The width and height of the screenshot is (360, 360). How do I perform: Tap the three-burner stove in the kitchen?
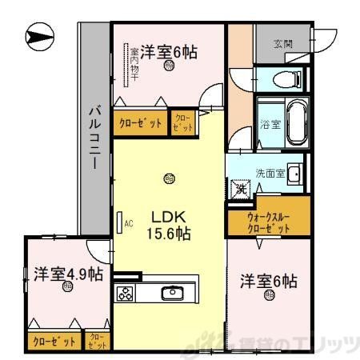click(126, 293)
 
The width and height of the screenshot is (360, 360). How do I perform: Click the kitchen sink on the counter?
click(174, 293)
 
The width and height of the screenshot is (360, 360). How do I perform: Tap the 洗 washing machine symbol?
click(240, 190)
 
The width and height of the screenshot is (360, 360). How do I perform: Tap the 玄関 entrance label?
click(282, 44)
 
